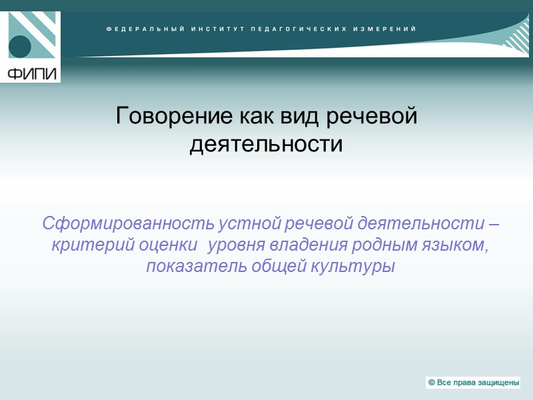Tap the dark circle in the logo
(x=20, y=47)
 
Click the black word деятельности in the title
(x=266, y=143)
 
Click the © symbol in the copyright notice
(x=432, y=383)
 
